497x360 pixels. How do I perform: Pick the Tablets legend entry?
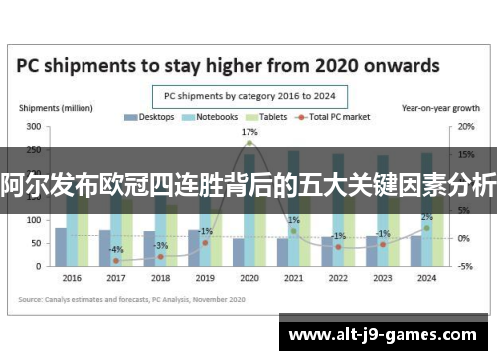pyautogui.click(x=266, y=117)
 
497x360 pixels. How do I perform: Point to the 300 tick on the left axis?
pyautogui.click(x=33, y=127)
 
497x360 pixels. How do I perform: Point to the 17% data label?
pyautogui.click(x=249, y=132)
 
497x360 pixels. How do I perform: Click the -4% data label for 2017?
pyautogui.click(x=116, y=249)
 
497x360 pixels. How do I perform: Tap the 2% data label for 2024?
pyautogui.click(x=426, y=217)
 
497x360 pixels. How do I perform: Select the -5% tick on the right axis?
pyautogui.click(x=464, y=266)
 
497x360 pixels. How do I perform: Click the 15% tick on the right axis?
pyautogui.click(x=464, y=154)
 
